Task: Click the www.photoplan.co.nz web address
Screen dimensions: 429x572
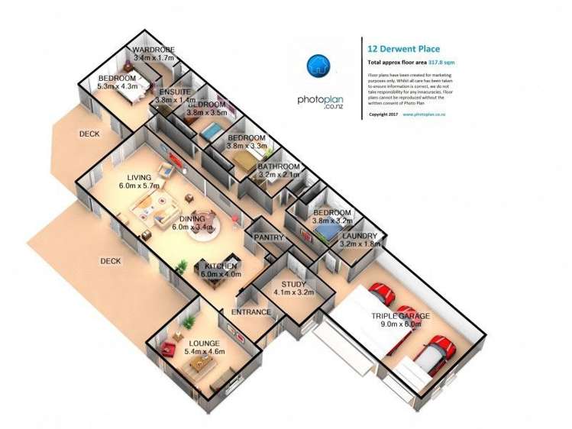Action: (425, 114)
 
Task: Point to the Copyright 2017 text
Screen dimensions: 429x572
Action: (383, 114)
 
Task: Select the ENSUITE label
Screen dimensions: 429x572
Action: (175, 89)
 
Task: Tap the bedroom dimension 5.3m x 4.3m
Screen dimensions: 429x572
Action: (117, 88)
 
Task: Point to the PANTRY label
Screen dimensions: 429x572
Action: (269, 237)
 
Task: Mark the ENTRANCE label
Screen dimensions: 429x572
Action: (251, 311)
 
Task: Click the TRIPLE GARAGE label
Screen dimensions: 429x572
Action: (400, 315)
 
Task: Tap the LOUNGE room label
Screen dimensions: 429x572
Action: (202, 343)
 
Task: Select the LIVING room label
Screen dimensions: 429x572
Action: (137, 175)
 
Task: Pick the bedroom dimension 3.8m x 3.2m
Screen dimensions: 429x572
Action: (331, 222)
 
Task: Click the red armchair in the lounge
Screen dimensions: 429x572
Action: (168, 349)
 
